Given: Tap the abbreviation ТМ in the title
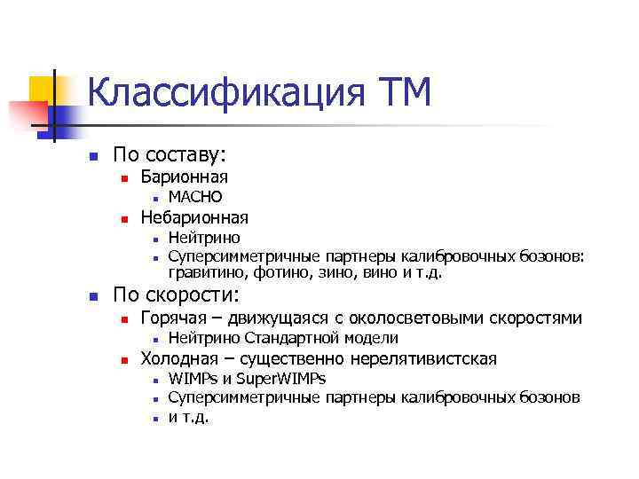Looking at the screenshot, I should (x=403, y=92).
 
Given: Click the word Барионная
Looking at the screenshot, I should (x=184, y=177).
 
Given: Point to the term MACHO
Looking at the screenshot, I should (x=195, y=197).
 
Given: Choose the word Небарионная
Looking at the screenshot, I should (x=194, y=217).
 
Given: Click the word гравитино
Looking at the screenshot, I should (x=207, y=272).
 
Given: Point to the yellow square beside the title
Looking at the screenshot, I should (x=43, y=90).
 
